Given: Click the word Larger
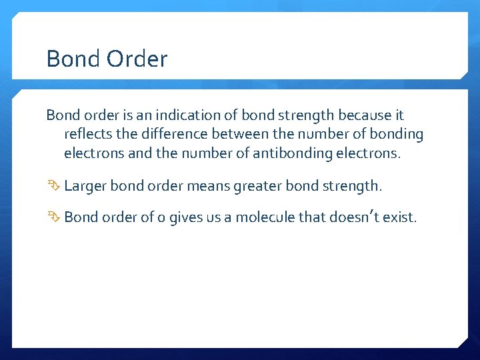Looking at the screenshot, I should click(85, 186).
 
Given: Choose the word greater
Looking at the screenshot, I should click(257, 186).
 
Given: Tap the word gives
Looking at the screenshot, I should click(186, 218).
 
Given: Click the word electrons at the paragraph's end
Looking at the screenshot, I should click(371, 153).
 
